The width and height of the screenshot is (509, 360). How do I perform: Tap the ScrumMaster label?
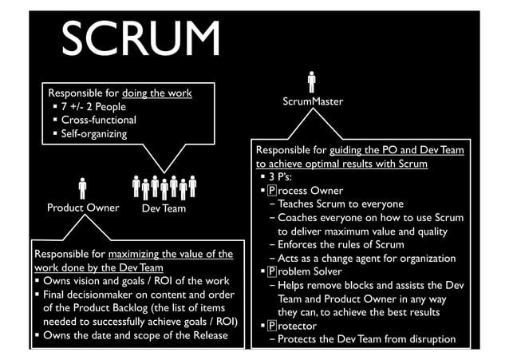(x=313, y=102)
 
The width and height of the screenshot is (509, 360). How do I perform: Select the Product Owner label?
(x=83, y=208)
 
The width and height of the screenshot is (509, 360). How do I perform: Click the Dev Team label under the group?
(x=164, y=208)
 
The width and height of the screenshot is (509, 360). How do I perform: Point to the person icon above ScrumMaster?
(x=312, y=81)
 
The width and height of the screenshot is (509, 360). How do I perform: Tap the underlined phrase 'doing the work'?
(x=157, y=93)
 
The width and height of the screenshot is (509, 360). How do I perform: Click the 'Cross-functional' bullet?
(x=99, y=120)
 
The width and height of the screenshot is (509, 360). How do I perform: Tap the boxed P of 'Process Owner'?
(x=272, y=191)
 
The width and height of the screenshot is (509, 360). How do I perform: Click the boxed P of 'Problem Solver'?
(x=272, y=272)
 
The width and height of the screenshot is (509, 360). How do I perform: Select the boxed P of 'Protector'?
(x=272, y=326)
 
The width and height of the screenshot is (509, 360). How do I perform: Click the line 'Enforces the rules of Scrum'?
(x=347, y=245)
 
